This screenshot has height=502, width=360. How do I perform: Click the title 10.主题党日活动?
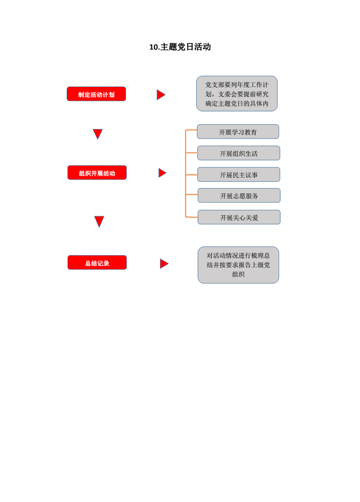click(180, 47)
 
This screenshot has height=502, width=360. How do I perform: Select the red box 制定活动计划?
click(97, 94)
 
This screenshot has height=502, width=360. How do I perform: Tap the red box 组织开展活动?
click(97, 173)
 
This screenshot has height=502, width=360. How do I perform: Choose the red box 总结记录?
click(97, 262)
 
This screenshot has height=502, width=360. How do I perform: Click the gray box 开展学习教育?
click(238, 131)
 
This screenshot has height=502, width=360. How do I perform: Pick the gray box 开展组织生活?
click(238, 153)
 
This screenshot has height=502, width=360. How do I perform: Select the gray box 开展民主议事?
click(238, 174)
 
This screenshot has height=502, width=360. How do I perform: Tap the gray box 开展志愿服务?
click(239, 196)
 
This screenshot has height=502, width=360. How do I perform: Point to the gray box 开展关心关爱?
click(239, 217)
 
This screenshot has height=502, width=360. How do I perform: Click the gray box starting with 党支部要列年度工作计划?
click(237, 93)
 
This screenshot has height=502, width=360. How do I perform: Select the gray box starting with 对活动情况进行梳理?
click(238, 265)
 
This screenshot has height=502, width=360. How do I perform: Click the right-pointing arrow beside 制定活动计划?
click(161, 95)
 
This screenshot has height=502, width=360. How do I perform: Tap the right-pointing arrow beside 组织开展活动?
click(162, 173)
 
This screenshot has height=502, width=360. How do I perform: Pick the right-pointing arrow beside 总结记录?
click(164, 264)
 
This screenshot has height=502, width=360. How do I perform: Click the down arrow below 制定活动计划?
click(97, 134)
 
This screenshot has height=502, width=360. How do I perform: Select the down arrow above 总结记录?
click(99, 221)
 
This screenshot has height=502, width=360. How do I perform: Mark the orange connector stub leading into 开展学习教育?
click(191, 130)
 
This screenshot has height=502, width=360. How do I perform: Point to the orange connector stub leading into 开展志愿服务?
click(191, 194)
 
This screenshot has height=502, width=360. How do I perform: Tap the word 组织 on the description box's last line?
click(238, 275)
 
